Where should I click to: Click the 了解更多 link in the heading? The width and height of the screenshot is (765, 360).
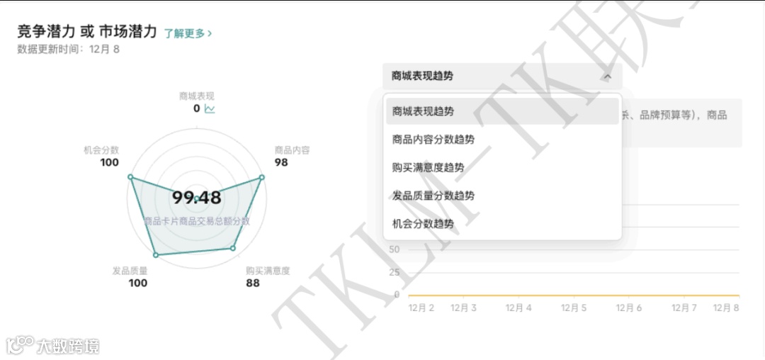(x=188, y=33)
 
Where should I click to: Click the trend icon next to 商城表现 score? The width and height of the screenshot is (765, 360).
(x=210, y=108)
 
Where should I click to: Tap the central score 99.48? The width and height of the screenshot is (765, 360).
(x=196, y=198)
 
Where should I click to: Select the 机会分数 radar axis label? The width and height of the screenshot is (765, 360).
(x=101, y=150)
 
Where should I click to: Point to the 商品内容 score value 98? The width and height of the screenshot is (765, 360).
(x=281, y=162)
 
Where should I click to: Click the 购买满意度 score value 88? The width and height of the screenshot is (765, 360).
(x=252, y=283)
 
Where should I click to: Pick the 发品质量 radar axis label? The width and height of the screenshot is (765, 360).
(x=130, y=270)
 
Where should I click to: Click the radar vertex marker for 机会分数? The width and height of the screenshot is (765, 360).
(x=130, y=177)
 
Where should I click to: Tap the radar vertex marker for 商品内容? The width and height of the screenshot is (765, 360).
(x=261, y=178)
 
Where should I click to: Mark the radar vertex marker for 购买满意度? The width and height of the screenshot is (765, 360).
(x=232, y=248)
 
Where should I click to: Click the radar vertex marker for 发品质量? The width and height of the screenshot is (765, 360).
(x=156, y=254)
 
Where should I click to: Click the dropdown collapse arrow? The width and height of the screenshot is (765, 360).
(x=607, y=77)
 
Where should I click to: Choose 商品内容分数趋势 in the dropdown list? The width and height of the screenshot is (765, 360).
(x=433, y=140)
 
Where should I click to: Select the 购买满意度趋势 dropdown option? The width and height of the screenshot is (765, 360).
(x=428, y=167)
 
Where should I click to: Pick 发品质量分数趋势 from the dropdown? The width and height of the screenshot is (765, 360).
(x=433, y=196)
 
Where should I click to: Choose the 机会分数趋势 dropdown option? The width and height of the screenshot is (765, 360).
(x=423, y=224)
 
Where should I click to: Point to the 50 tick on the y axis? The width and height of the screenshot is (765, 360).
(x=395, y=249)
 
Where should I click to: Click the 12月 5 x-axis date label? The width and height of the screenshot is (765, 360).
(x=573, y=308)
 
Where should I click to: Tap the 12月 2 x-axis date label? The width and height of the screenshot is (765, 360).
(x=421, y=308)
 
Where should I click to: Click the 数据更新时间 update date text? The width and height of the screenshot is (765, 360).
(x=68, y=50)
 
